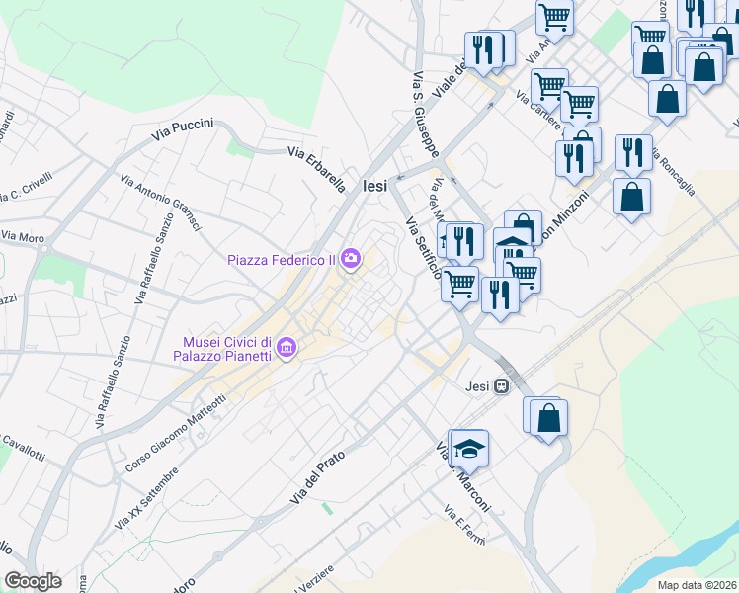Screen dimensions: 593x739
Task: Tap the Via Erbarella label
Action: pyautogui.click(x=316, y=167)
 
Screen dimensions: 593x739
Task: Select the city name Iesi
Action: pyautogui.click(x=375, y=185)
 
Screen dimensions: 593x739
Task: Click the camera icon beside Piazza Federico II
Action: pyautogui.click(x=351, y=260)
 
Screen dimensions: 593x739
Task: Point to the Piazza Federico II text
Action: pyautogui.click(x=282, y=261)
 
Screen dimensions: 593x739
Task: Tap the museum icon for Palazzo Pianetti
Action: pyautogui.click(x=287, y=346)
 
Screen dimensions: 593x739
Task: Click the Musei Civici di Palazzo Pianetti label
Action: pyautogui.click(x=225, y=347)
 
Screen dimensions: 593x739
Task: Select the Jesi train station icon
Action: pyautogui.click(x=503, y=386)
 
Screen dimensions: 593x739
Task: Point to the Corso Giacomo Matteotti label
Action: pyautogui.click(x=177, y=431)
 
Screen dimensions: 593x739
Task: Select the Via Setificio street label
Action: pyautogui.click(x=424, y=248)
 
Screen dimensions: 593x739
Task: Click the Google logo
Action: pyautogui.click(x=33, y=581)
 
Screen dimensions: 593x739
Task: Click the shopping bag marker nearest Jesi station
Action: pyautogui.click(x=548, y=417)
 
